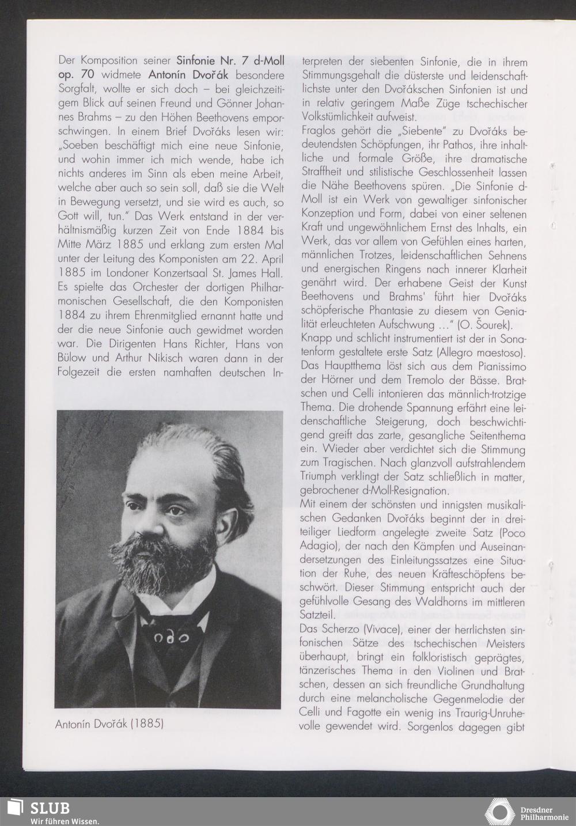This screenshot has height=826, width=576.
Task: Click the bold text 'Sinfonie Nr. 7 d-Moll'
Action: tap(230, 60)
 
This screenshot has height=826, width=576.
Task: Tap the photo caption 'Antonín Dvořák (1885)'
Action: tap(109, 723)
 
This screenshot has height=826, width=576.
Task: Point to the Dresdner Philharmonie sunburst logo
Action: tap(499, 811)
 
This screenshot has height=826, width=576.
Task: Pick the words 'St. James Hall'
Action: tap(252, 273)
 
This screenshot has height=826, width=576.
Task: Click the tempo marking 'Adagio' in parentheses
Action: tap(317, 545)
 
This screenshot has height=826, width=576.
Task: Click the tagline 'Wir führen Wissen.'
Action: tap(65, 821)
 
